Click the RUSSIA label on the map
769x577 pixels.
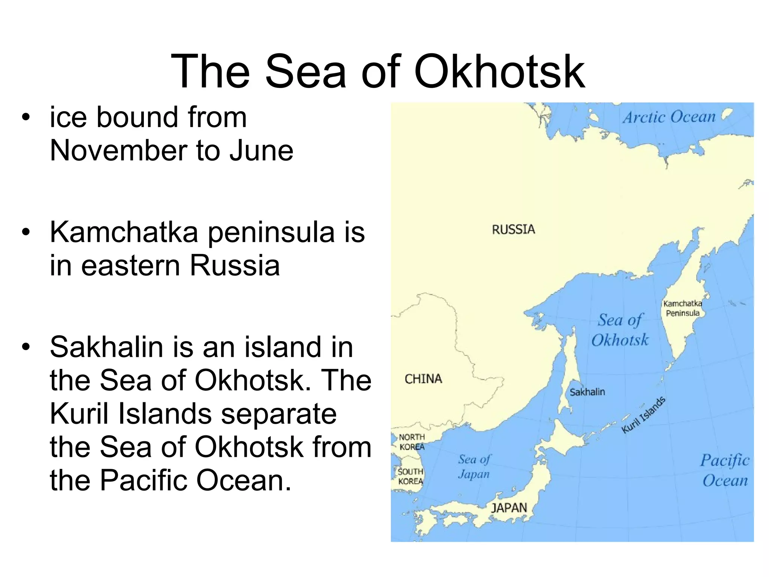point(513,229)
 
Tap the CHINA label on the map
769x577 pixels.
point(423,379)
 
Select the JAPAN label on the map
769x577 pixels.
point(509,508)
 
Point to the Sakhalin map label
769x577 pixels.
point(587,392)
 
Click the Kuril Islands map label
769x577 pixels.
point(644,415)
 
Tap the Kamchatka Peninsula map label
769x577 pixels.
point(683,308)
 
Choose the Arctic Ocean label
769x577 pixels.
point(669,117)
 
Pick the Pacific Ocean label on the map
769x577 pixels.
point(725,470)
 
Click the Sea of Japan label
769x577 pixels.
point(474,466)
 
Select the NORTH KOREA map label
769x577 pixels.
point(412,442)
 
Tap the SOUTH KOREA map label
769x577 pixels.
point(410,476)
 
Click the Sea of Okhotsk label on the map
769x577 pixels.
point(620,330)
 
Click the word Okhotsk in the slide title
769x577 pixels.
point(499,71)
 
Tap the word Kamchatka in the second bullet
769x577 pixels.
point(124,232)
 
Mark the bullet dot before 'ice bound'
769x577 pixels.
point(26,118)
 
